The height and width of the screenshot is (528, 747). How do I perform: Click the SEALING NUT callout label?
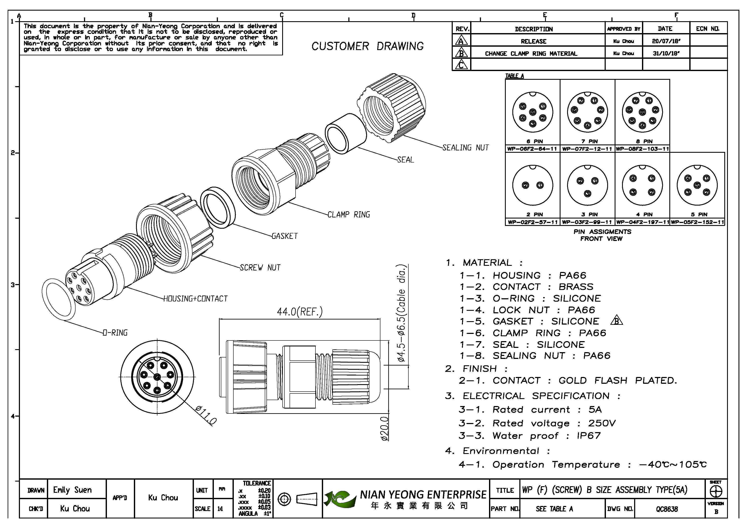tap(465, 148)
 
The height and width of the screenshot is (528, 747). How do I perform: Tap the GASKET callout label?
tap(285, 236)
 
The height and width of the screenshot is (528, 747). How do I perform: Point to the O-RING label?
tap(115, 333)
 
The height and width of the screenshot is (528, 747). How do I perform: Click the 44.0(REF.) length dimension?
tap(300, 312)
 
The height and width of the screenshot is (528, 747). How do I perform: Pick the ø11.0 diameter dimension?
tap(206, 415)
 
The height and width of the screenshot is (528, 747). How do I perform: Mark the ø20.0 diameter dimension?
tap(385, 429)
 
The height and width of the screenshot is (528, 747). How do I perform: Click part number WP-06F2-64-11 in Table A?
tap(532, 149)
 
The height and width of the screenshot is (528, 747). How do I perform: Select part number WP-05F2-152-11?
tap(697, 222)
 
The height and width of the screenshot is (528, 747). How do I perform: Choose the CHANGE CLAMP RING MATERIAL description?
tap(531, 54)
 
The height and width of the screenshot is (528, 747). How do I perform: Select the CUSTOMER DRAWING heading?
tap(368, 46)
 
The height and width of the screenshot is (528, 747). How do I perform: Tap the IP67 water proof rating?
tap(589, 436)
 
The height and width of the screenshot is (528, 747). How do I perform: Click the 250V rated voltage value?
tap(602, 423)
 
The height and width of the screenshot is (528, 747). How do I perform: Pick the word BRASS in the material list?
tap(576, 287)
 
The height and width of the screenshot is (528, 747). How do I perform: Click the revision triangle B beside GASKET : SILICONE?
tap(617, 321)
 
